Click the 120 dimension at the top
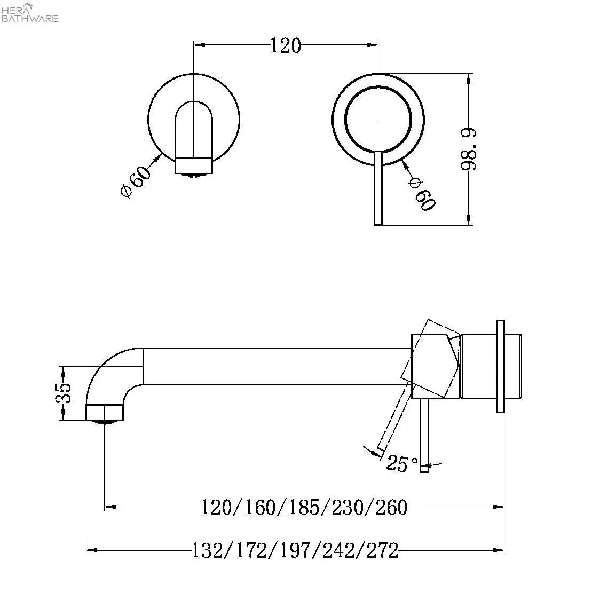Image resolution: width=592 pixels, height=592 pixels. coord(285,46)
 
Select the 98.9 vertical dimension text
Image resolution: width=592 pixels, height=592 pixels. coord(469,149)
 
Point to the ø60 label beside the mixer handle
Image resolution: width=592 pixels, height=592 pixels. coord(421,193)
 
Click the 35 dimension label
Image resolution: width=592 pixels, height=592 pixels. coord(64,394)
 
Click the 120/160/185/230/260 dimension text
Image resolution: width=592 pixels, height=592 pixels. coord(304,506)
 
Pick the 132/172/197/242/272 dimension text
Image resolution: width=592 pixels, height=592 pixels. coord(295,550)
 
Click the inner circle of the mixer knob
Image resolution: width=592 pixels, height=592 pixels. coord(378,118)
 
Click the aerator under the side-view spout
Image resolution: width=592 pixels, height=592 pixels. coord(105,422)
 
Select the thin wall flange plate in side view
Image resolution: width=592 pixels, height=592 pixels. coord(500,366)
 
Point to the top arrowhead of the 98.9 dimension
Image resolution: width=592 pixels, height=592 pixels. coord(469,78)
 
